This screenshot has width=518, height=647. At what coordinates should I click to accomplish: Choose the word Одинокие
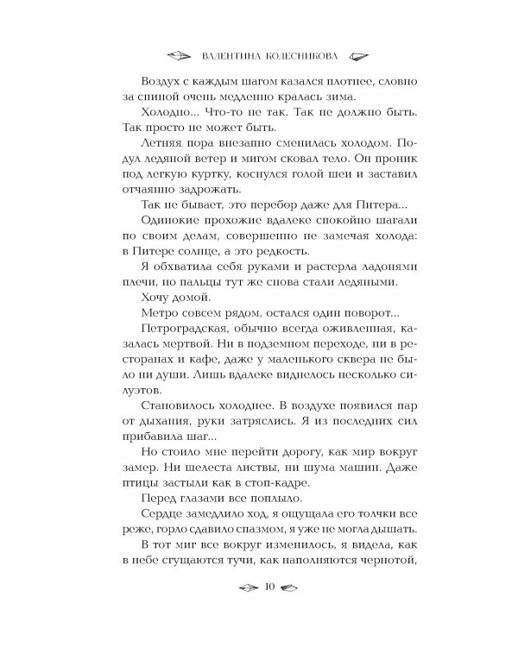[166, 248]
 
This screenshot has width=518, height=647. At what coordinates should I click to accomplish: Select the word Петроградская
[179, 372]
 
